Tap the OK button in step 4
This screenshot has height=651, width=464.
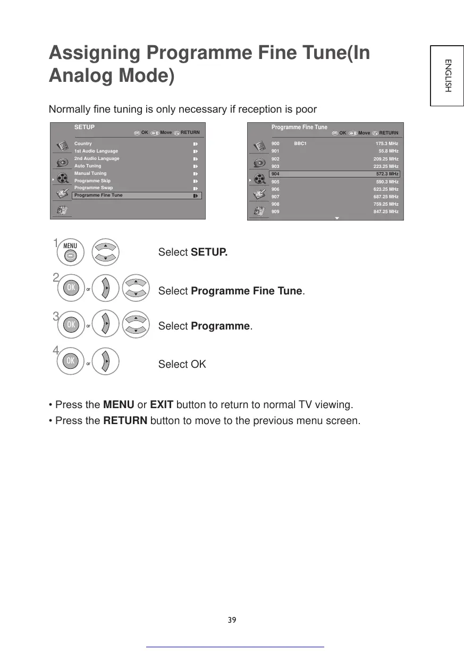[x=69, y=361]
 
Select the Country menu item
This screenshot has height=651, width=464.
[x=83, y=143]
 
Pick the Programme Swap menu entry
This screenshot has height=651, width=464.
[x=94, y=188]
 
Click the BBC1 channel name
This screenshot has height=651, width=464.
[x=300, y=143]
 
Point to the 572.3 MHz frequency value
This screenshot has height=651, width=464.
[x=387, y=174]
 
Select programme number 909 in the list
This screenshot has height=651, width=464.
[x=275, y=212]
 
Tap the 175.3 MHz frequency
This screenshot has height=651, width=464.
[x=386, y=143]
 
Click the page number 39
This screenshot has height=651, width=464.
[x=232, y=620]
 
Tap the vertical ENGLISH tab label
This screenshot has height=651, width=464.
[x=448, y=75]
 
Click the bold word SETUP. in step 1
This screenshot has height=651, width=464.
[x=209, y=252]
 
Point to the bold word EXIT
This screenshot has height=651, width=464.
[x=162, y=405]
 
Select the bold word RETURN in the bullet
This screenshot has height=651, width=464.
[x=125, y=421]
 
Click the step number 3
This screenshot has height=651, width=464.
[x=55, y=317]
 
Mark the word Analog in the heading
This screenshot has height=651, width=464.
[x=79, y=76]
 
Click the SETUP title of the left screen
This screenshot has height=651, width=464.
[x=84, y=128]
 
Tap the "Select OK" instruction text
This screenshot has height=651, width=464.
[x=182, y=364]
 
